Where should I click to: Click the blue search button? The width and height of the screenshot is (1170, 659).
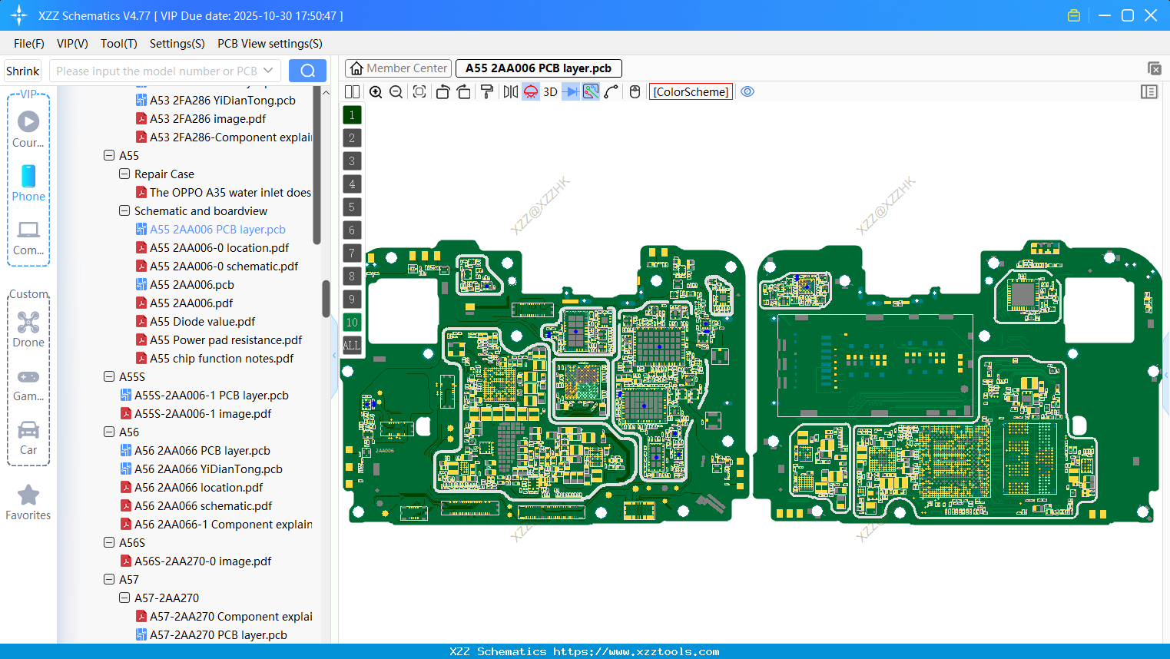click(x=307, y=71)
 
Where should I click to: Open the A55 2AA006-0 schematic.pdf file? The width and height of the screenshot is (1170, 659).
click(x=224, y=267)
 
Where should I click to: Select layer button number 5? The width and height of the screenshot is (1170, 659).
click(x=352, y=207)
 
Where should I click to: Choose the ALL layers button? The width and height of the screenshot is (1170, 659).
click(x=352, y=345)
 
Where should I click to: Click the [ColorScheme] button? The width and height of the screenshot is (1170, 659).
click(x=691, y=92)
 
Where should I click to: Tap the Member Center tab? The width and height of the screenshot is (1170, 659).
click(x=399, y=68)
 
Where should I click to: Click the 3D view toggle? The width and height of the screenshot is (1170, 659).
click(x=550, y=92)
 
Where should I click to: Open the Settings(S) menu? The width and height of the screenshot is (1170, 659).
click(x=177, y=44)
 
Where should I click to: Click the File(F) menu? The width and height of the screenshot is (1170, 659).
click(x=29, y=44)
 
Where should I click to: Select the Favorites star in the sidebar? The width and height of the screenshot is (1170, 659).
click(x=28, y=495)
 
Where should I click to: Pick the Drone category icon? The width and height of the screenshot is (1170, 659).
click(x=28, y=323)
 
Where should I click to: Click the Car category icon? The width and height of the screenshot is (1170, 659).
click(x=28, y=430)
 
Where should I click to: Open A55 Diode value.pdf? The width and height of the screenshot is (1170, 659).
click(x=202, y=322)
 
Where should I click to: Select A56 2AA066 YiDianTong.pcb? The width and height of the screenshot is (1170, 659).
click(x=208, y=469)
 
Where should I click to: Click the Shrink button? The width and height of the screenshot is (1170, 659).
click(x=22, y=71)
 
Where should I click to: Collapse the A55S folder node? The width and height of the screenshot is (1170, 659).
click(x=109, y=377)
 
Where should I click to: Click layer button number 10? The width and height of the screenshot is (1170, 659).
click(x=352, y=323)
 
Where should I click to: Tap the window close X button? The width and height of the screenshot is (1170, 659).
click(x=1151, y=15)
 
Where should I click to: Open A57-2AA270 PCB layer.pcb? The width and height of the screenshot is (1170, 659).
click(x=218, y=635)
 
